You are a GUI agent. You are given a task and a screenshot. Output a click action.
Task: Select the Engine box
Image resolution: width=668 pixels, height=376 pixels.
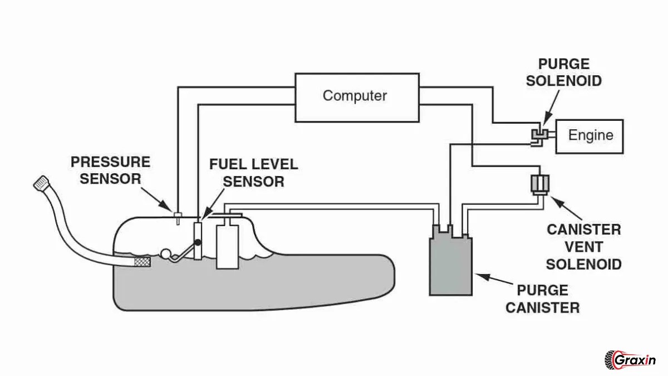(x=590, y=135)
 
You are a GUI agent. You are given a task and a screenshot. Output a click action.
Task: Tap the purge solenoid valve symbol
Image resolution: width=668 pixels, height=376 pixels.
(x=538, y=135)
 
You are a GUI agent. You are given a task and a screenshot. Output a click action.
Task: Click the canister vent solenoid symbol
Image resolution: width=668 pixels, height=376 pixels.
(x=539, y=183)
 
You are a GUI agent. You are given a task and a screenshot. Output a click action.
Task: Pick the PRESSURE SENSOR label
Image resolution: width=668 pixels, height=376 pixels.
(x=110, y=170)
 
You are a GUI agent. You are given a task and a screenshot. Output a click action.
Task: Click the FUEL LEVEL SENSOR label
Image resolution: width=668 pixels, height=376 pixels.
(x=253, y=173)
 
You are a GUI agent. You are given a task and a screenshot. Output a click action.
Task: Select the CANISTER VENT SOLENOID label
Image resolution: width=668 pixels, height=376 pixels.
(x=583, y=246)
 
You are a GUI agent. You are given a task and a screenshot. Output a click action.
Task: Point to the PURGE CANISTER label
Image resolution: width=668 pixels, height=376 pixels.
(x=542, y=299)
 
